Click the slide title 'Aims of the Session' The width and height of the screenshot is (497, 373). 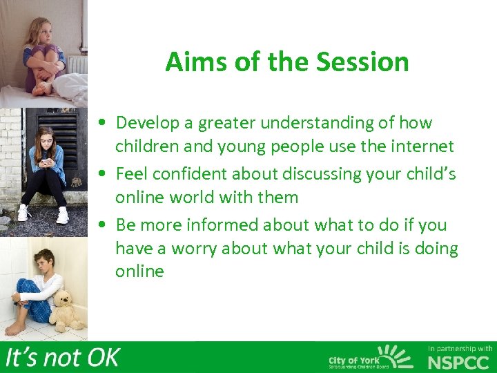[x=287, y=62]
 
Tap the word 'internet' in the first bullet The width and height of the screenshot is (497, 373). [x=422, y=146]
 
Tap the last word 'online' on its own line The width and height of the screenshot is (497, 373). [x=139, y=271]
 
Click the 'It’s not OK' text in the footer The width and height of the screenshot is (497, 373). [x=62, y=358]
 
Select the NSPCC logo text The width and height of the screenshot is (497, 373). [x=460, y=363]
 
